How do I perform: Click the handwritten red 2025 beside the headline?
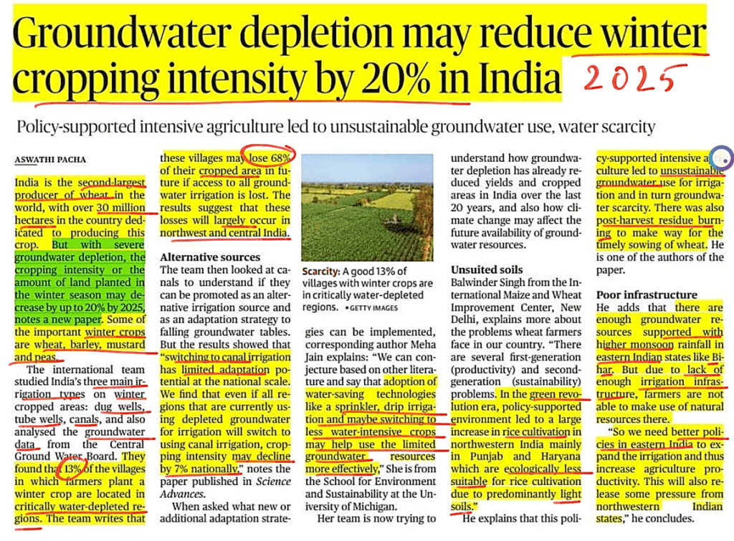click(x=630, y=79)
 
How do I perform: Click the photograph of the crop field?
click(x=368, y=208)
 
